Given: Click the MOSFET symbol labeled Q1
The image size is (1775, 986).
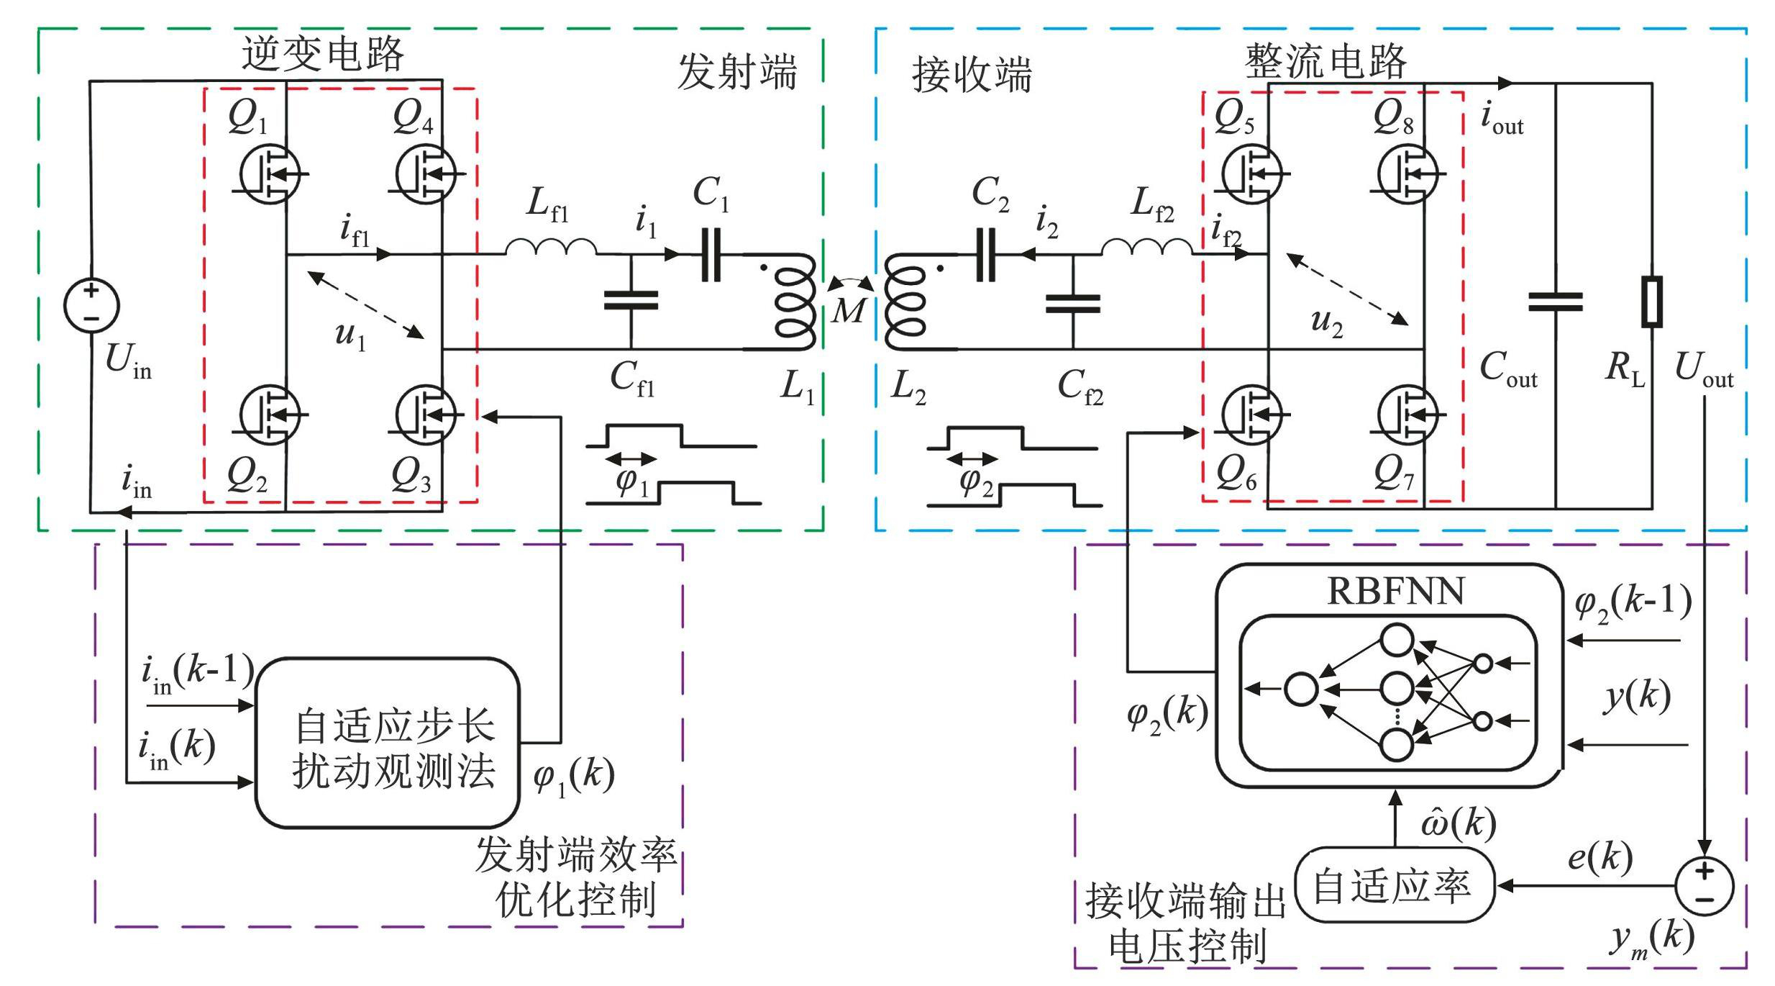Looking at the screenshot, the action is [x=270, y=173].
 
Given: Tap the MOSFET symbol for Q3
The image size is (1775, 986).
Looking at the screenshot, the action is [x=426, y=415].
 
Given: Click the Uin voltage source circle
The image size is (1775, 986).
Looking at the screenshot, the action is [x=91, y=305].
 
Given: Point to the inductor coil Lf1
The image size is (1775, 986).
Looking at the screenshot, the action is [x=551, y=246].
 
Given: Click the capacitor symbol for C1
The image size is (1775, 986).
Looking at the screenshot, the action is [x=711, y=254].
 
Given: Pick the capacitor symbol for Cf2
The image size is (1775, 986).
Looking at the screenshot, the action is [x=1072, y=304].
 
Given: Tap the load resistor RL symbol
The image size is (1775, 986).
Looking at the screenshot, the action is [x=1651, y=302].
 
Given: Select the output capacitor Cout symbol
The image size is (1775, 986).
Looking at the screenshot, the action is [x=1555, y=302].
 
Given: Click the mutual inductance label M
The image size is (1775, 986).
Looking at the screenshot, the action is [x=849, y=311].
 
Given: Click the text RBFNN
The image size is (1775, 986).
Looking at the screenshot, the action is [x=1395, y=592].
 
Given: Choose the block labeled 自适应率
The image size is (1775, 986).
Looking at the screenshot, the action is [x=1394, y=886].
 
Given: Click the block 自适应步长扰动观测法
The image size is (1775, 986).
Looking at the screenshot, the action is [x=388, y=742].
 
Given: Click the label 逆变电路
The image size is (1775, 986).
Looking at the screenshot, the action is [x=322, y=54].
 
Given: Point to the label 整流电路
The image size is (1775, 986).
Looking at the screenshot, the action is [x=1325, y=60].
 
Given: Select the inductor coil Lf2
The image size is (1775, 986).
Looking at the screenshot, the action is [x=1146, y=246].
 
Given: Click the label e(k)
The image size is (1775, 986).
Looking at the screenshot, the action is [x=1601, y=856].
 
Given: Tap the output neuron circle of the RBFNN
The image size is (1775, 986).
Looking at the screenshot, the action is [x=1300, y=689].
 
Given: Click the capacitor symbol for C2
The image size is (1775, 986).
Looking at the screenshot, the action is [x=985, y=254].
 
